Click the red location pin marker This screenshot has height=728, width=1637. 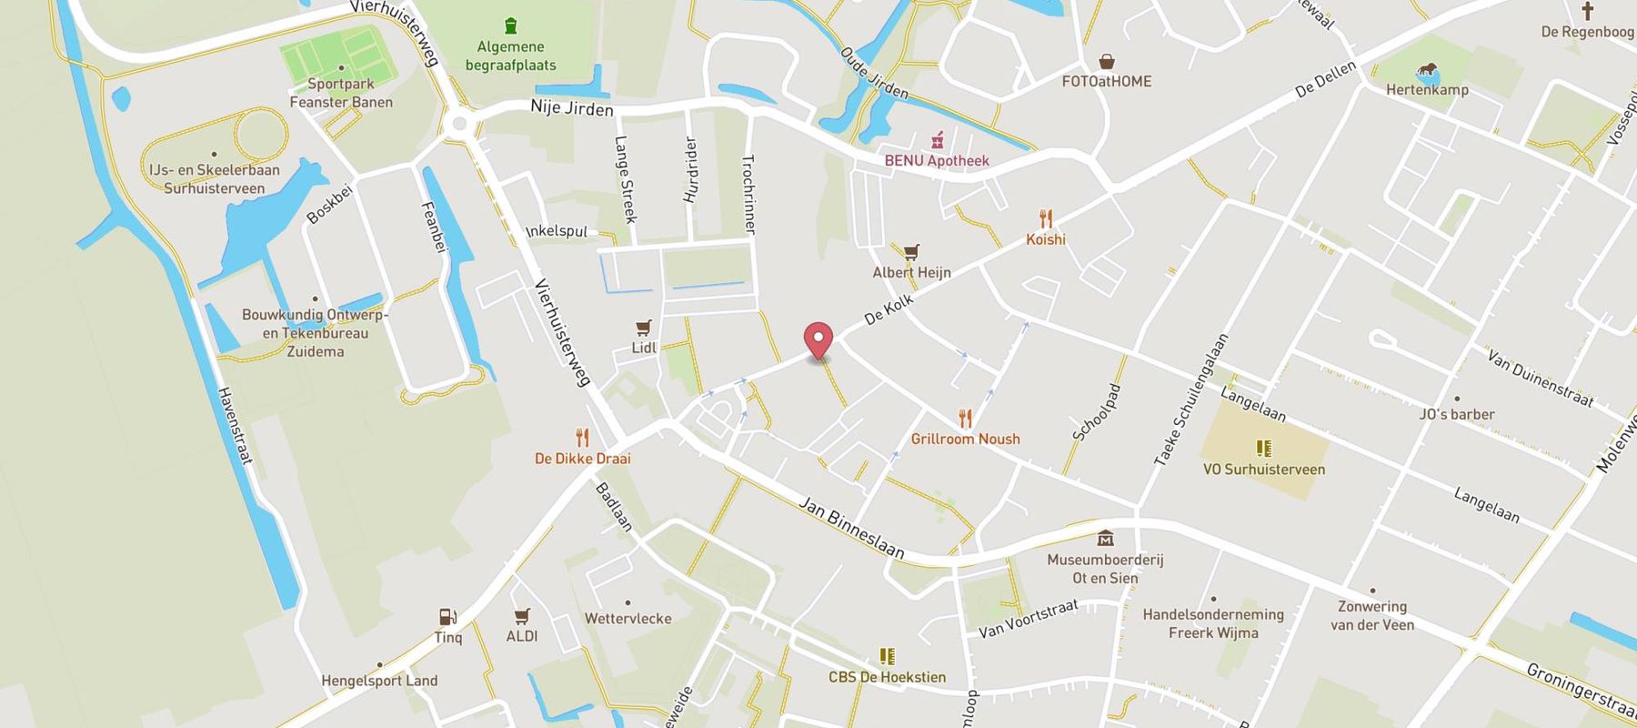click(x=819, y=340)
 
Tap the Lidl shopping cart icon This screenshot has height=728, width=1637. click(x=644, y=328)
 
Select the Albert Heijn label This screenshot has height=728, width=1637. click(x=911, y=272)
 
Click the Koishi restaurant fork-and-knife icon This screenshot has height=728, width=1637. click(x=1046, y=219)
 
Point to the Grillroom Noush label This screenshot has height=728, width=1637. click(x=965, y=439)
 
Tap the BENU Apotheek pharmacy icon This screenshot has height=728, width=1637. click(x=937, y=141)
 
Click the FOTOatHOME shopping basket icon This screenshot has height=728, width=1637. click(x=1107, y=62)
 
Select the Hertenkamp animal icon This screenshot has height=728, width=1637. click(x=1427, y=71)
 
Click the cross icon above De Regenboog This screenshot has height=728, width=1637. click(x=1587, y=12)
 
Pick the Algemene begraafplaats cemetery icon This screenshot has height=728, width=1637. click(x=511, y=25)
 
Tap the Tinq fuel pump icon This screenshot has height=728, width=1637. click(x=447, y=617)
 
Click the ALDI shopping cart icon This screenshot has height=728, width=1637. click(x=522, y=616)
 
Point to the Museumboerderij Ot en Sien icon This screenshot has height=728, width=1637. click(x=1105, y=539)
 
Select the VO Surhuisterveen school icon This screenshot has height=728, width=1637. click(x=1263, y=449)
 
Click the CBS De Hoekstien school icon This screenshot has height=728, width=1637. click(x=887, y=656)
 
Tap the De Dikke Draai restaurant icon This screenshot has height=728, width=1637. click(x=582, y=438)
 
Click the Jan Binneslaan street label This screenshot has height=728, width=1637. click(x=851, y=528)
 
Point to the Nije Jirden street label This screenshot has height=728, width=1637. click(x=572, y=108)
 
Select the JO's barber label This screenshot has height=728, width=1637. click(x=1457, y=414)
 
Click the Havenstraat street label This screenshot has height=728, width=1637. click(x=235, y=425)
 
